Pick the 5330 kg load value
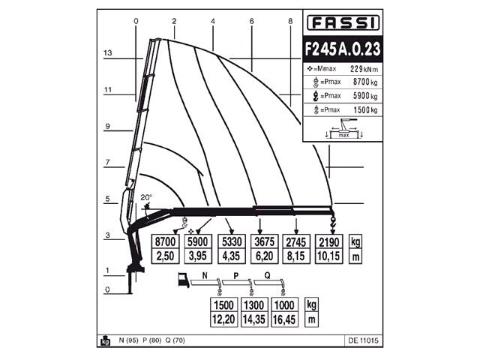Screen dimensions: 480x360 coord(232,241)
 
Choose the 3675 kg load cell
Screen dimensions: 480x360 coord(264,241)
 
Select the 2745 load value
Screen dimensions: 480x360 coord(296,241)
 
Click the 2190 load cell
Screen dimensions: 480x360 coord(331,241)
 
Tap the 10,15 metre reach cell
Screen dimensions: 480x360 coord(331,256)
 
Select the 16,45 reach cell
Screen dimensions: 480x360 coord(284,319)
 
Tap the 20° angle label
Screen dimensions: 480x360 coord(145,198)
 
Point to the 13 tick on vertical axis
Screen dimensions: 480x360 coord(108,53)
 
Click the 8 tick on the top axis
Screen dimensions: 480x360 coord(290,21)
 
